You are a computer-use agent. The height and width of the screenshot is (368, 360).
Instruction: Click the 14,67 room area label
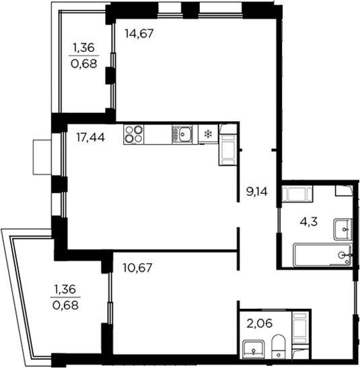coord(140,32)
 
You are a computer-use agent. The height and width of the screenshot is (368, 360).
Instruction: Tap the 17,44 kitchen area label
coord(89,138)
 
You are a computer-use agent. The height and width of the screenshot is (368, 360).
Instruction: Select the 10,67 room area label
coord(138,267)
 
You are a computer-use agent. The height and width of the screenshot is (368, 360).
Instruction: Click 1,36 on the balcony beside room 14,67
coord(83,47)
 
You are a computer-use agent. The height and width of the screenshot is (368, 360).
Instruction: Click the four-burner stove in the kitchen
coord(134,135)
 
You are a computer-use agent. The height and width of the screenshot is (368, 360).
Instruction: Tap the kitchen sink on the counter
coord(182,135)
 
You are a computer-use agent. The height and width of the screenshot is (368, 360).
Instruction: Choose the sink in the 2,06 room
coord(254,349)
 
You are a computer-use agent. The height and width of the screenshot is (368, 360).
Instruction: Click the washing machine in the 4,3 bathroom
coord(296,196)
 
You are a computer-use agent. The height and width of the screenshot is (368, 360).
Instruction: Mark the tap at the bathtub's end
coord(345,255)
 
